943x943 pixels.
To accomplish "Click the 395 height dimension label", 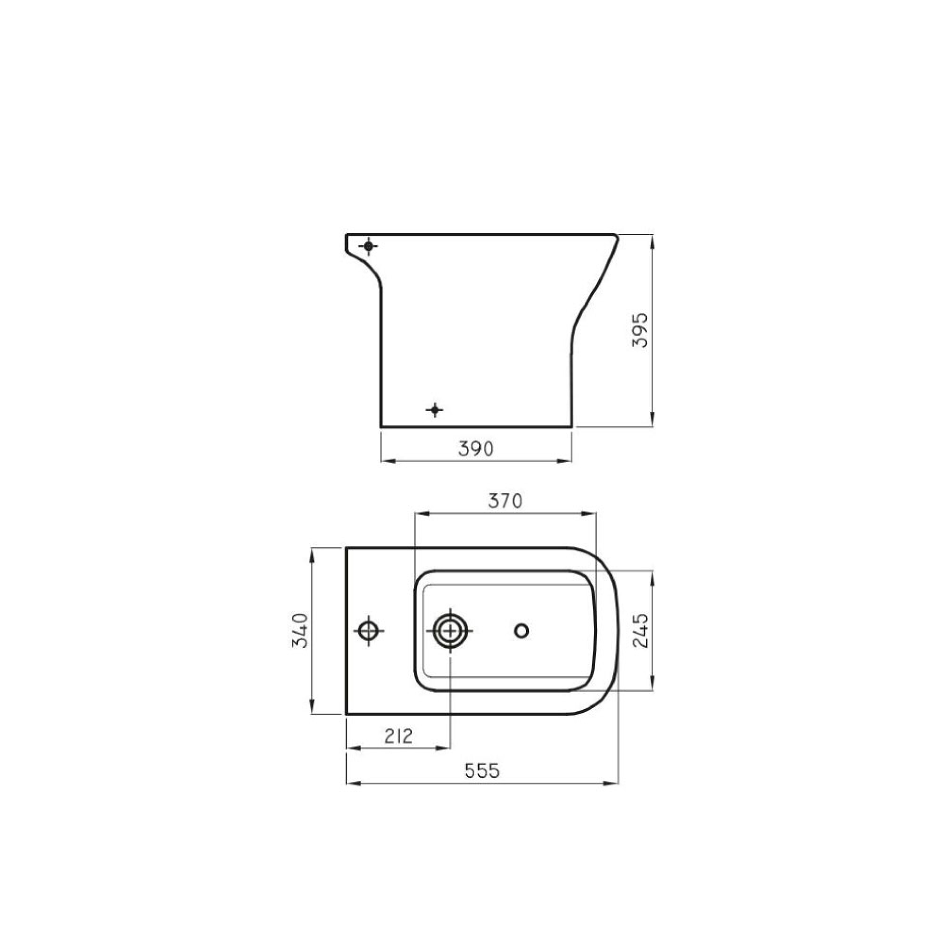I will coord(639,330).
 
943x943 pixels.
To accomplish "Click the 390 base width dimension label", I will coord(476,449).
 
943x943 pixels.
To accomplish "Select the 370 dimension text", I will coord(505,501).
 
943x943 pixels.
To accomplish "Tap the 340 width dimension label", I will coord(300,630).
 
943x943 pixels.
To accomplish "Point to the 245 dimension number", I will coord(640,630).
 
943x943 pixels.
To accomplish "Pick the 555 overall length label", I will coord(482,771).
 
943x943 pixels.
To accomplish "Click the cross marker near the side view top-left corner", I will coord(369,247).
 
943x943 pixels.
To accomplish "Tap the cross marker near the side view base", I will coord(434,410).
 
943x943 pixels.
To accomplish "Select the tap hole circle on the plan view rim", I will coord(369,630).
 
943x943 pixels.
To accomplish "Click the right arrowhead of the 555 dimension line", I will coord(613,783).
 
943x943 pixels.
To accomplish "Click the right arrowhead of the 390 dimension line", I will coord(567,461).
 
